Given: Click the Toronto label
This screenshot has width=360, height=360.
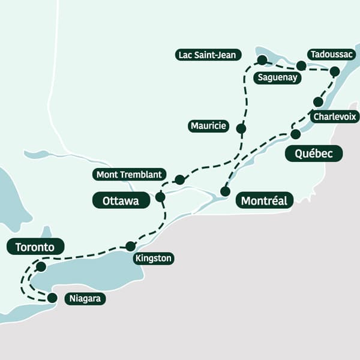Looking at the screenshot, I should (35, 247).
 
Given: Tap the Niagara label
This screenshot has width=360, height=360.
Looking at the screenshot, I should (85, 298).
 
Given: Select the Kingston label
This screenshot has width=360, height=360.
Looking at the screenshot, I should (154, 259).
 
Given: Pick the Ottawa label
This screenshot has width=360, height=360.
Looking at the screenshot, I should (121, 200).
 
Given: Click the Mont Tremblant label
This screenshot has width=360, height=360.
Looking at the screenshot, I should (129, 175).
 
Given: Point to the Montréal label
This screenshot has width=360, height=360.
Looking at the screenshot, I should (265, 200).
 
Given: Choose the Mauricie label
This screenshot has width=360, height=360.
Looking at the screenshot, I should (208, 125).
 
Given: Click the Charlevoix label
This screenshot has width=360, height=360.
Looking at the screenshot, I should (334, 116).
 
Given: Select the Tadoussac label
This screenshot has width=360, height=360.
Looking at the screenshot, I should (332, 55).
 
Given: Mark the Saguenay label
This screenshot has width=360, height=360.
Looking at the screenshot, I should (277, 77).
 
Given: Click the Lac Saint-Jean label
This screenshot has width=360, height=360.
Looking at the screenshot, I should (209, 55).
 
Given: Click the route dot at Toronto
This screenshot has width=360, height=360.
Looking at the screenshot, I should (41, 266).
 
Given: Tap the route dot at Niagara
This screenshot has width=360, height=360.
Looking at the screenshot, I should (52, 298).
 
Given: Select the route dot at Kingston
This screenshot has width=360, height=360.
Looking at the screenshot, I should (130, 246).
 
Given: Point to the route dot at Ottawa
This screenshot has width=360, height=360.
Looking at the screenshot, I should (160, 197).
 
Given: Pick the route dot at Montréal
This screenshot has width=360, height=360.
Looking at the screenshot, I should (225, 191).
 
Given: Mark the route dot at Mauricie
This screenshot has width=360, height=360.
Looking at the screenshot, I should (241, 128).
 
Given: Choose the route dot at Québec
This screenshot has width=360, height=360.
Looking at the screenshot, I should (295, 134).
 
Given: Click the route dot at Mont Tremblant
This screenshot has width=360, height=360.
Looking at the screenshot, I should (179, 179).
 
